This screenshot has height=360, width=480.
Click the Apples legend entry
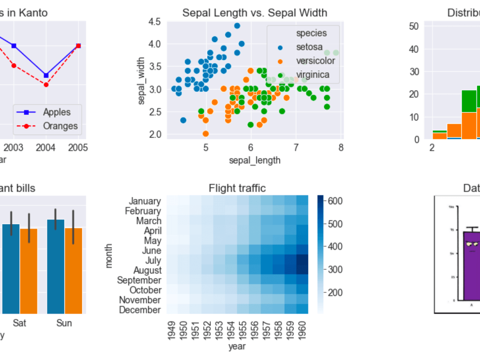coord(56,112)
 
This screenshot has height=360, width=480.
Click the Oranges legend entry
coord(60,126)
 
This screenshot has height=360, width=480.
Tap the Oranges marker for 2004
coord(46,84)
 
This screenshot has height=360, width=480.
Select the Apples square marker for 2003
coord(14,46)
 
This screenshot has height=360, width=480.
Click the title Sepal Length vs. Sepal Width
coord(254,13)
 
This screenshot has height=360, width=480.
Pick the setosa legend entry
coord(309,47)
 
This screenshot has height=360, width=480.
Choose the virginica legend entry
coord(312,74)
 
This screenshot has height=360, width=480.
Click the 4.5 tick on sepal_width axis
coord(155,21)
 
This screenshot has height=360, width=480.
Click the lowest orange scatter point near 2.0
coord(205,133)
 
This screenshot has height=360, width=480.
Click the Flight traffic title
coord(237,188)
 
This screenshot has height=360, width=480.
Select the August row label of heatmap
coord(145,270)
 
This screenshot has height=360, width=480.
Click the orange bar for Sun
coord(73,271)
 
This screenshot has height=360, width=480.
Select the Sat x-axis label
coord(20,323)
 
